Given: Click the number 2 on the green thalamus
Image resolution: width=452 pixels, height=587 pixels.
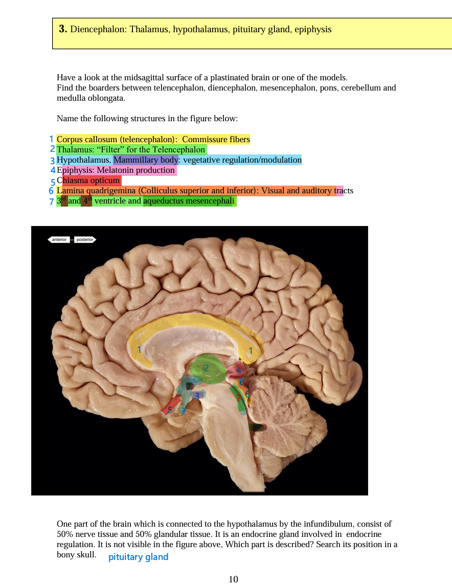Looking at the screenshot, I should pos(206,367).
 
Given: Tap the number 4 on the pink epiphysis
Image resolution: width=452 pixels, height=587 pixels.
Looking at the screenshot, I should pos(238,370).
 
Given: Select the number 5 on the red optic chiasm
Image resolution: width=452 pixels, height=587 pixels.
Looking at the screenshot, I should pos(170,409).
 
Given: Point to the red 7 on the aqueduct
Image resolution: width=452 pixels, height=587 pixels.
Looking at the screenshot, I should pos(238,397).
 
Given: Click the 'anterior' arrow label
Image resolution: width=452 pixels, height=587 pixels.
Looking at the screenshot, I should pos(60,239).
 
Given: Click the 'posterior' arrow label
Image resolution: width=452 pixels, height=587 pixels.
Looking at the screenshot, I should pos(84,239).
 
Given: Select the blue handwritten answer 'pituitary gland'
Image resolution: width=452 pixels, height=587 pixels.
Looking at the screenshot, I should pos(138,557).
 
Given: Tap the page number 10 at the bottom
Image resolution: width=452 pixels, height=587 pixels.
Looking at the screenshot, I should pos(233,579).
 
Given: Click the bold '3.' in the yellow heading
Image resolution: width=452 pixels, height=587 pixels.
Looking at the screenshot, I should pos(63,29).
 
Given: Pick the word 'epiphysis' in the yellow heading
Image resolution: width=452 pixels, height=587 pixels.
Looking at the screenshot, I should pos(312,29).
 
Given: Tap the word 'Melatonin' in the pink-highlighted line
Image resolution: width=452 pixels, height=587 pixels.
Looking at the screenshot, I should pos(114,170).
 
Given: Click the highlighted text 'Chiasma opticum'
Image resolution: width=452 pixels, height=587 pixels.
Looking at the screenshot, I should pos(89,180).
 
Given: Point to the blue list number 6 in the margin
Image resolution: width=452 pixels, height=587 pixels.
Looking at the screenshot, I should pos(51,191).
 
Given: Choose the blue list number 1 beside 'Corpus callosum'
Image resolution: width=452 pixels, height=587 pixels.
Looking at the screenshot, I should pos(51,139).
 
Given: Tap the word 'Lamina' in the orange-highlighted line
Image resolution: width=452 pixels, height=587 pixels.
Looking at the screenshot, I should pos(70,191).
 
